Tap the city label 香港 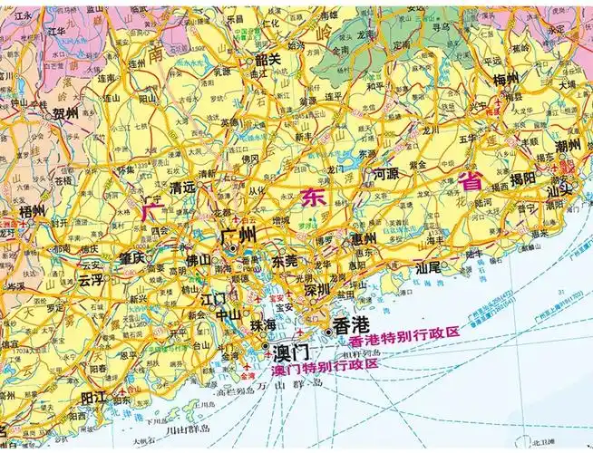(x=351, y=325)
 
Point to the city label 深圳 (x=317, y=291)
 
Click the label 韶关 (x=267, y=59)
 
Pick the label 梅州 (x=505, y=80)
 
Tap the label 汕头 (x=559, y=189)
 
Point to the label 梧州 (x=33, y=210)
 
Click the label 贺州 (x=66, y=114)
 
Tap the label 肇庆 (x=131, y=257)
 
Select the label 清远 (x=182, y=188)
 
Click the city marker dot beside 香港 (x=328, y=332)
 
